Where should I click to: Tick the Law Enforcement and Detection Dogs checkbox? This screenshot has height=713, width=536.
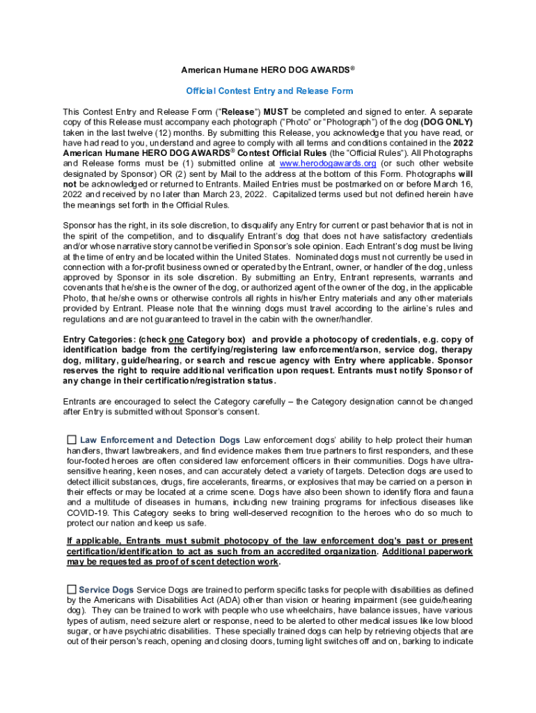click(x=71, y=440)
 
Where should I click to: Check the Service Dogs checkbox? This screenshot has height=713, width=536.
click(x=71, y=590)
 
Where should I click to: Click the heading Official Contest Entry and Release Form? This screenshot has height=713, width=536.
click(x=269, y=91)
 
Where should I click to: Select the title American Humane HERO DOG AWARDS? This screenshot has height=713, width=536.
click(x=268, y=70)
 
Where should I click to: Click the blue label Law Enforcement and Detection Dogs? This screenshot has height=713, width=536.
click(x=160, y=440)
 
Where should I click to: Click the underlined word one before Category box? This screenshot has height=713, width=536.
click(x=175, y=340)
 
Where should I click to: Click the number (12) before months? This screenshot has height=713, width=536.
click(x=171, y=132)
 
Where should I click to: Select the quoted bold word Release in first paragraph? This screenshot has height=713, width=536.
click(x=239, y=111)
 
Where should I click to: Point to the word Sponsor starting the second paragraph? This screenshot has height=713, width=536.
click(x=81, y=225)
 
